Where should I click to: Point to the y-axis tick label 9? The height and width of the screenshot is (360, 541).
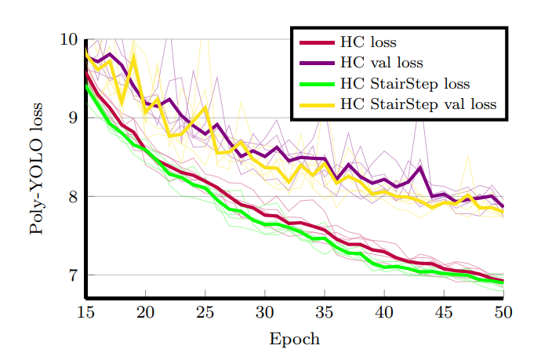click(x=73, y=118)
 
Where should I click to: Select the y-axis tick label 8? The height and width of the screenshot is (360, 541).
click(x=73, y=197)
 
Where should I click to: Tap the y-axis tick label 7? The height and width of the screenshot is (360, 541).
click(x=73, y=275)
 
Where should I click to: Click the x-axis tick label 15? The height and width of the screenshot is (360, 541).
click(x=85, y=313)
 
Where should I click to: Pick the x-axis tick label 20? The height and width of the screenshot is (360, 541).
click(x=145, y=313)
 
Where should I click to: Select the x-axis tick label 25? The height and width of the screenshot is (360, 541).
click(x=205, y=313)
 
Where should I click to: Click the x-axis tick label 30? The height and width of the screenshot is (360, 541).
click(x=264, y=313)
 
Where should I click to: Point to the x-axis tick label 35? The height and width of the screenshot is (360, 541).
click(x=324, y=313)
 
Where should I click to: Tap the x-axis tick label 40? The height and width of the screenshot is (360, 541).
click(x=383, y=313)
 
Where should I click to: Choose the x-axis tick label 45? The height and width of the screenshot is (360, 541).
click(x=443, y=313)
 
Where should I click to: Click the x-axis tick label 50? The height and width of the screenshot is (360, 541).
click(x=503, y=313)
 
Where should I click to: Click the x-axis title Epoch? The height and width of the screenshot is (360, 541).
click(x=294, y=339)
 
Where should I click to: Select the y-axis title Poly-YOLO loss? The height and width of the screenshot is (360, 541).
click(x=36, y=173)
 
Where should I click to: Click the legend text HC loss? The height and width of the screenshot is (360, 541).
click(x=368, y=42)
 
